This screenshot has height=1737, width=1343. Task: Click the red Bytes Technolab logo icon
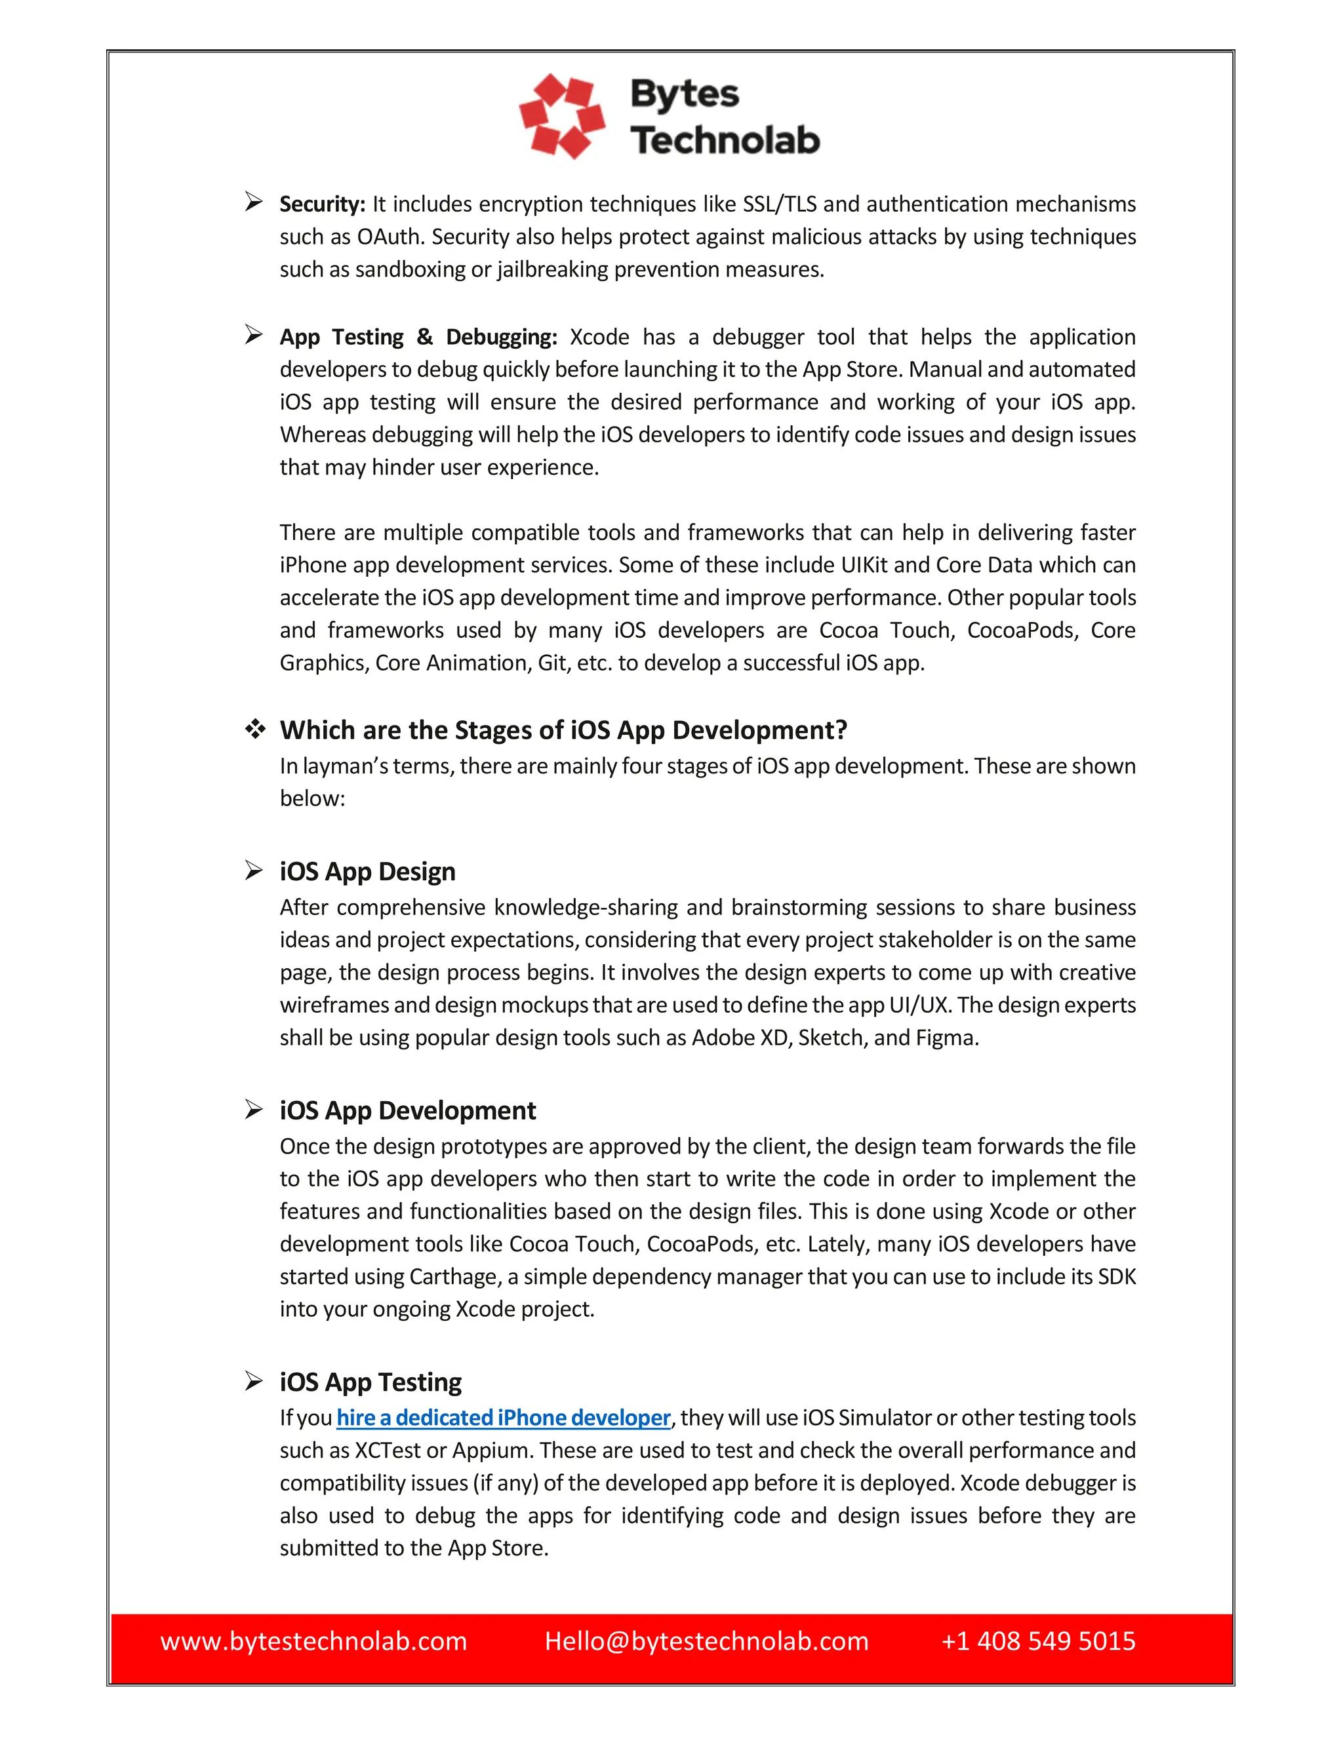562,116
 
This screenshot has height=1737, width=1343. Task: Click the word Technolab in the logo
724,140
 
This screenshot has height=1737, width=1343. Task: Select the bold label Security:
322,205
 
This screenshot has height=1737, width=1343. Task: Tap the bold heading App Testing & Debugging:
418,337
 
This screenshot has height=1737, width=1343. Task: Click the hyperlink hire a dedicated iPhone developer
503,1417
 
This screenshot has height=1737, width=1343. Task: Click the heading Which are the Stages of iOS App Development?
563,730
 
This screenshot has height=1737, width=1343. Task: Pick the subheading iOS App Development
407,1110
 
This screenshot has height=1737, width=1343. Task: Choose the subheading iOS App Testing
370,1382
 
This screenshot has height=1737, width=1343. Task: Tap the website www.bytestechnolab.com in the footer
313,1641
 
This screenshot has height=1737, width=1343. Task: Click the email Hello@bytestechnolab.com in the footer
706,1641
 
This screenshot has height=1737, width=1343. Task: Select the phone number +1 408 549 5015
1037,1641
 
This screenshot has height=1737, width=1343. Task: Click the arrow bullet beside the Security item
254,202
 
